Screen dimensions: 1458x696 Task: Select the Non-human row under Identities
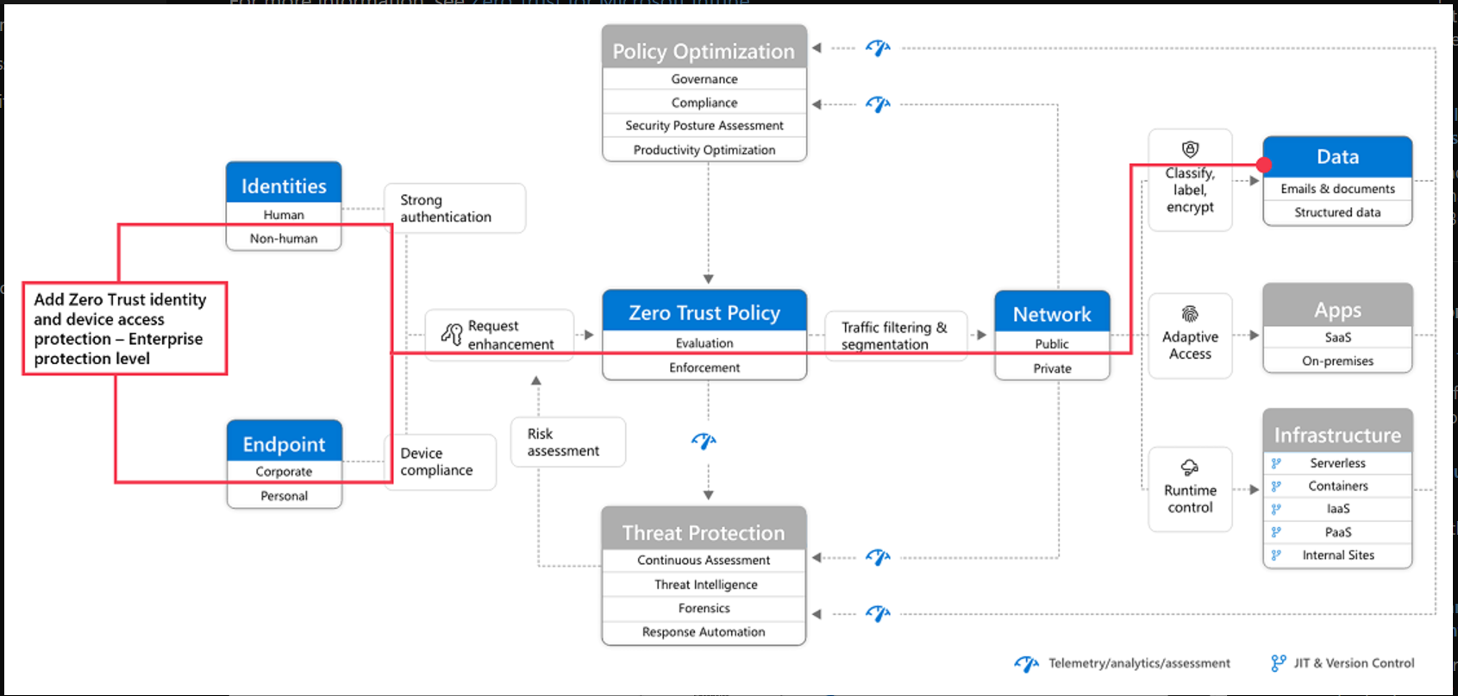click(284, 238)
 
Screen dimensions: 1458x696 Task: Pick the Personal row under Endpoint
click(285, 496)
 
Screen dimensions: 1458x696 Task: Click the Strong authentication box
click(454, 209)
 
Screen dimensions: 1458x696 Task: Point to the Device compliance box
click(440, 461)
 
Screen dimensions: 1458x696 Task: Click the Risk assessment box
click(568, 442)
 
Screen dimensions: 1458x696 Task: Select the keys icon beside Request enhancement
click(452, 334)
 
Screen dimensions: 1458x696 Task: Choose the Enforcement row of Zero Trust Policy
click(704, 368)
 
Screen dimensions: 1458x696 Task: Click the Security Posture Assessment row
click(704, 126)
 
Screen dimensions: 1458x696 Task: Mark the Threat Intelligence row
click(704, 585)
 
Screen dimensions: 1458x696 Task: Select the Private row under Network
click(1053, 368)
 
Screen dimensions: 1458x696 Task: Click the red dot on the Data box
click(1264, 165)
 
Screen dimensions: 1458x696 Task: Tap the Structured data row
click(1337, 213)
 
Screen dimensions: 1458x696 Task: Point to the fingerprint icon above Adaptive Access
click(1190, 314)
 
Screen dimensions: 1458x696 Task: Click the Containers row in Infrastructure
click(1337, 486)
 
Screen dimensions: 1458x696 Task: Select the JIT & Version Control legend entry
click(1342, 663)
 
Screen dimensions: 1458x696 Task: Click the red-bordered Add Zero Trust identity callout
click(125, 329)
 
